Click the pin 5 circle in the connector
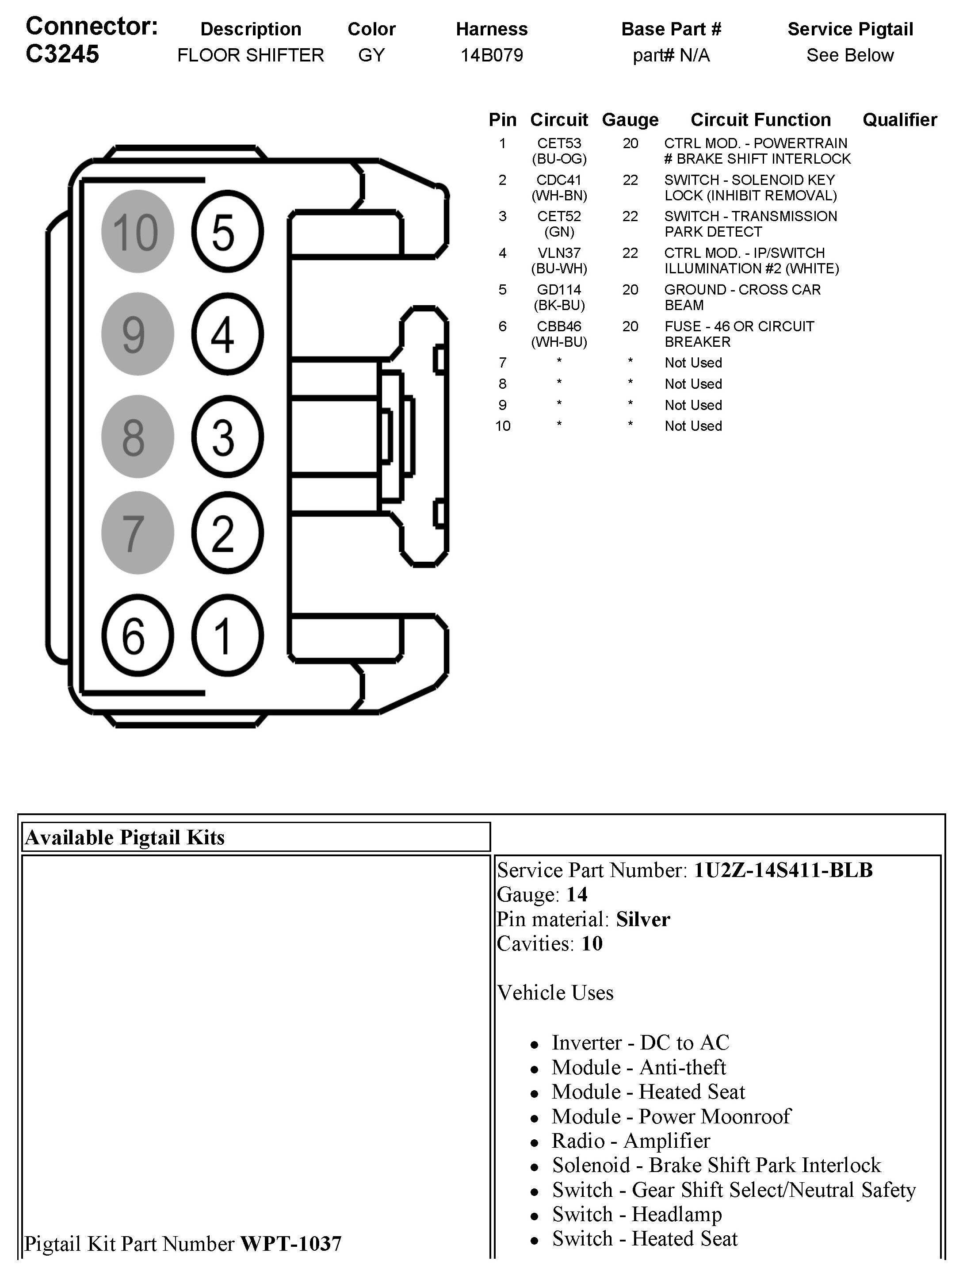(227, 232)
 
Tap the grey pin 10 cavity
(138, 232)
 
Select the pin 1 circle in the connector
(227, 636)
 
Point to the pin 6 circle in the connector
(138, 636)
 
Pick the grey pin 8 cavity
(138, 437)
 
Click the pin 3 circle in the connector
(227, 437)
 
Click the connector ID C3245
(63, 55)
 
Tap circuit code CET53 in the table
(559, 143)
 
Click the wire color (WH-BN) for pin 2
(559, 195)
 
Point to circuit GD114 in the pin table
(559, 290)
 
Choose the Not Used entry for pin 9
(693, 406)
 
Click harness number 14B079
(492, 55)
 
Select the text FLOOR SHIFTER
(251, 55)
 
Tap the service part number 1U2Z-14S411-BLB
(783, 870)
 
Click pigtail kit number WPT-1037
(291, 1244)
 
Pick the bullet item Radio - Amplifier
(631, 1141)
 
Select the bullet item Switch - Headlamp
(636, 1214)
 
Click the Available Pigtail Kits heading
(125, 838)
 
